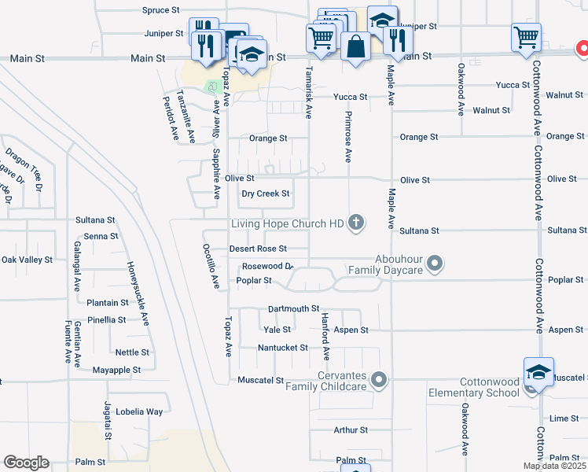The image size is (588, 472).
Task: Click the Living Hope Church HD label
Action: click(x=288, y=224)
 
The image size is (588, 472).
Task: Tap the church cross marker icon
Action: click(x=356, y=223)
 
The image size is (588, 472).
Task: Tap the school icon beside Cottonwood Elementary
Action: click(x=538, y=373)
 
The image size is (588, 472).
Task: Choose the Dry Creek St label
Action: click(x=265, y=194)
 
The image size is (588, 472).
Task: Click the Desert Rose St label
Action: click(x=257, y=249)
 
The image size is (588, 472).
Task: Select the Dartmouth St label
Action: click(x=293, y=309)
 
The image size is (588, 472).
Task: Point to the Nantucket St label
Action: click(x=283, y=347)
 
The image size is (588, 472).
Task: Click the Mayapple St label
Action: click(x=116, y=369)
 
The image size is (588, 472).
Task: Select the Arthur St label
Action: click(x=351, y=430)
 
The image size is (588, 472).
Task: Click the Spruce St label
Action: click(x=161, y=10)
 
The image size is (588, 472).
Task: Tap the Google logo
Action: click(x=26, y=463)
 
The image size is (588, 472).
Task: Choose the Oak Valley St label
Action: click(x=27, y=259)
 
